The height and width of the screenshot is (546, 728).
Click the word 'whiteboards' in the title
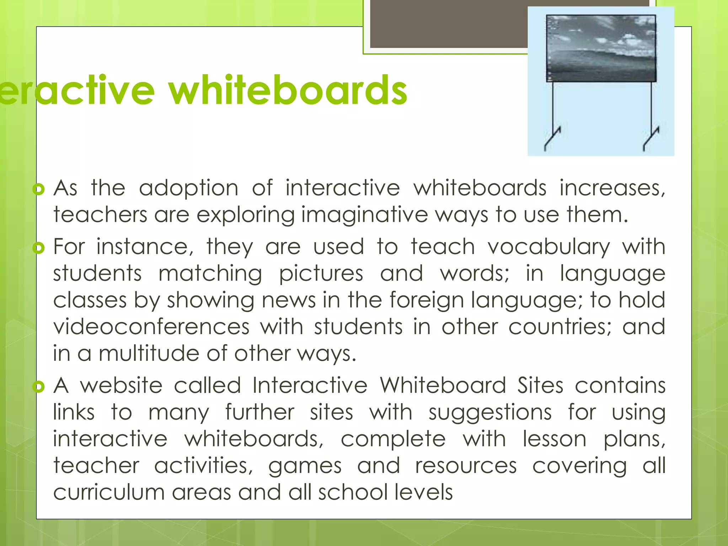[x=288, y=91]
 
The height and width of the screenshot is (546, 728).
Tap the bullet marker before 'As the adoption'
[x=38, y=189]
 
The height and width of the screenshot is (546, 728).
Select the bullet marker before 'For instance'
[x=38, y=248]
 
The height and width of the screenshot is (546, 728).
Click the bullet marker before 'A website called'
[x=38, y=386]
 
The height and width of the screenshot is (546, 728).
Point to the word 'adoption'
[x=188, y=188]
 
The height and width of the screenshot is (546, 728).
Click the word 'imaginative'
[x=365, y=215]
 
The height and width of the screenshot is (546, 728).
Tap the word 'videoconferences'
[x=151, y=327]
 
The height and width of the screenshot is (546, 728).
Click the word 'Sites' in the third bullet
[x=540, y=386]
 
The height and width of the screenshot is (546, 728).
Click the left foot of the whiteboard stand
[x=552, y=139]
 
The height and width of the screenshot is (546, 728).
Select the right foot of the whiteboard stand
[x=651, y=139]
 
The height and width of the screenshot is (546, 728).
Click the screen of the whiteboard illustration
[x=601, y=48]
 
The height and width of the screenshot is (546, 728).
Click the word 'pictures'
[x=321, y=274]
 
